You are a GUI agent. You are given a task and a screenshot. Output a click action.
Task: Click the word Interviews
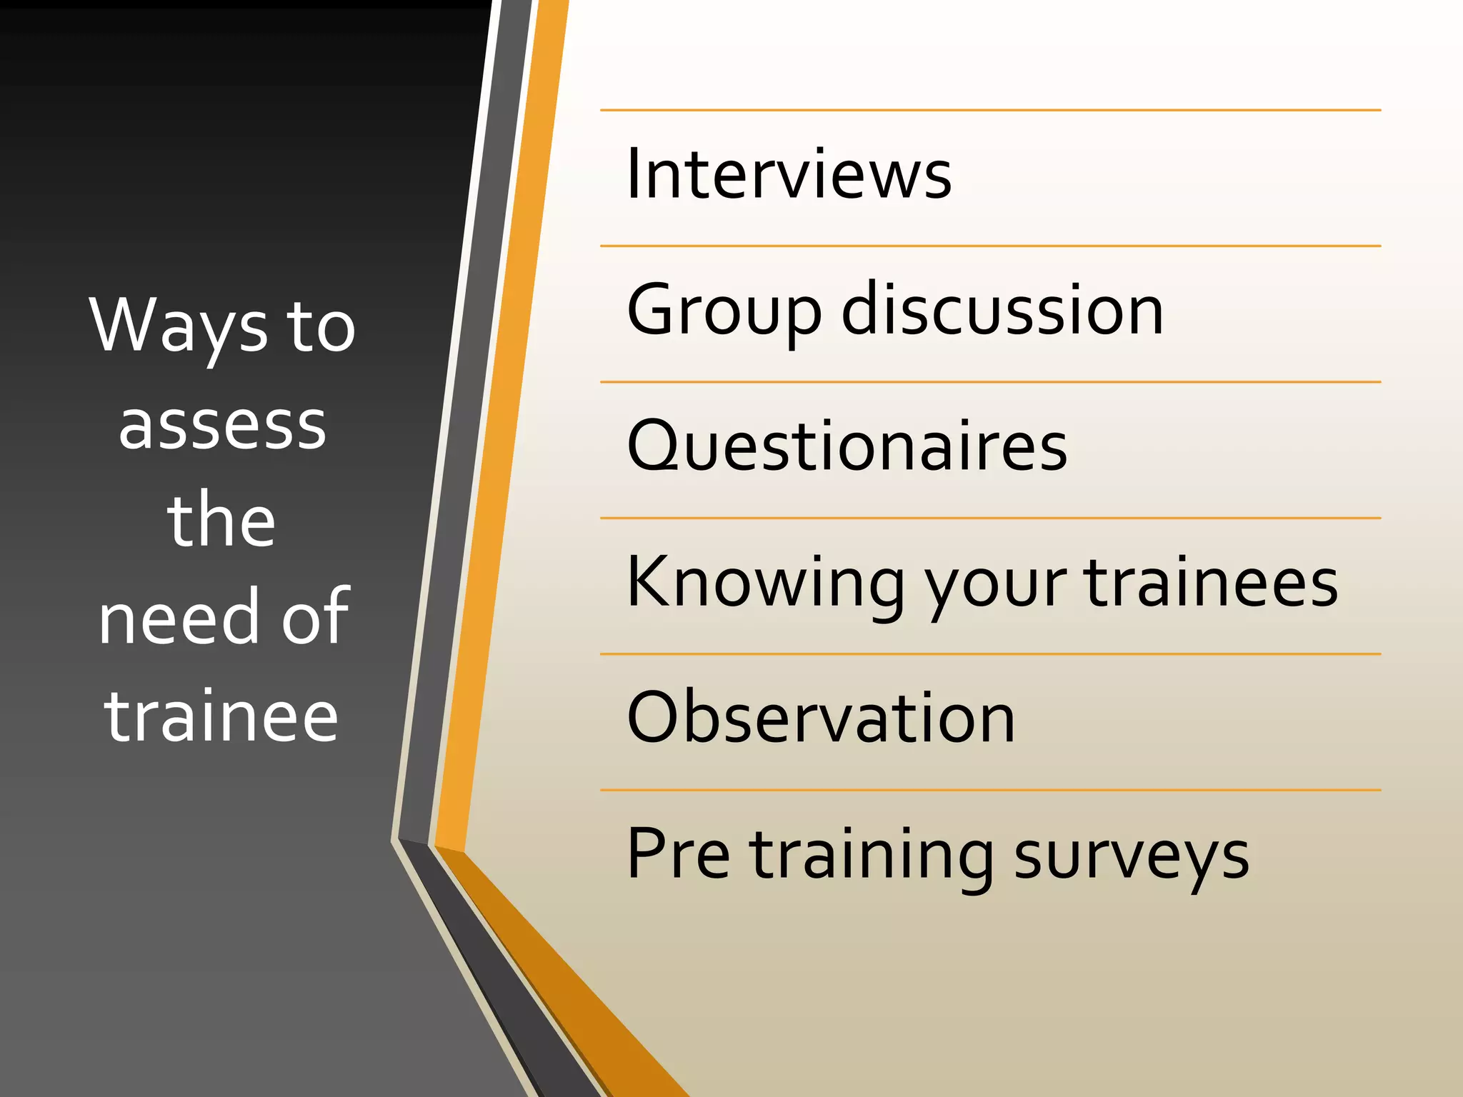click(789, 174)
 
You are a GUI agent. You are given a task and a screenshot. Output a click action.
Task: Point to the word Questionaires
click(847, 446)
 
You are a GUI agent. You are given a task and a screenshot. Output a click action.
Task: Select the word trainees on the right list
click(1211, 583)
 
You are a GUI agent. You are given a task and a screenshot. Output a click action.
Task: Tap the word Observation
click(821, 718)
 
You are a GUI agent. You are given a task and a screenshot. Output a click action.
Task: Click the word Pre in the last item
click(678, 854)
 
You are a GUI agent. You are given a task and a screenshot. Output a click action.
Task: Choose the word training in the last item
click(871, 857)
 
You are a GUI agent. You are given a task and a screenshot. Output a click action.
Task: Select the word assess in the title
click(222, 425)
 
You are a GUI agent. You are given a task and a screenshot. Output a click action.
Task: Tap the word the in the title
click(221, 521)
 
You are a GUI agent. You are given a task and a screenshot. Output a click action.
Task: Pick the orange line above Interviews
click(990, 111)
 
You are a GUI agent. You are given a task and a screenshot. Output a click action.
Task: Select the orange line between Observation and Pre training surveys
click(990, 790)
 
